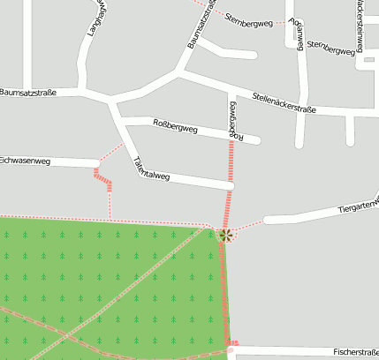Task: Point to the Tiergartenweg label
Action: [358, 207]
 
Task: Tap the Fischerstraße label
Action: [356, 351]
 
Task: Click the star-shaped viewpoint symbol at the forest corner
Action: [226, 235]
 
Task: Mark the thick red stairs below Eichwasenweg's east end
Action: [104, 181]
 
